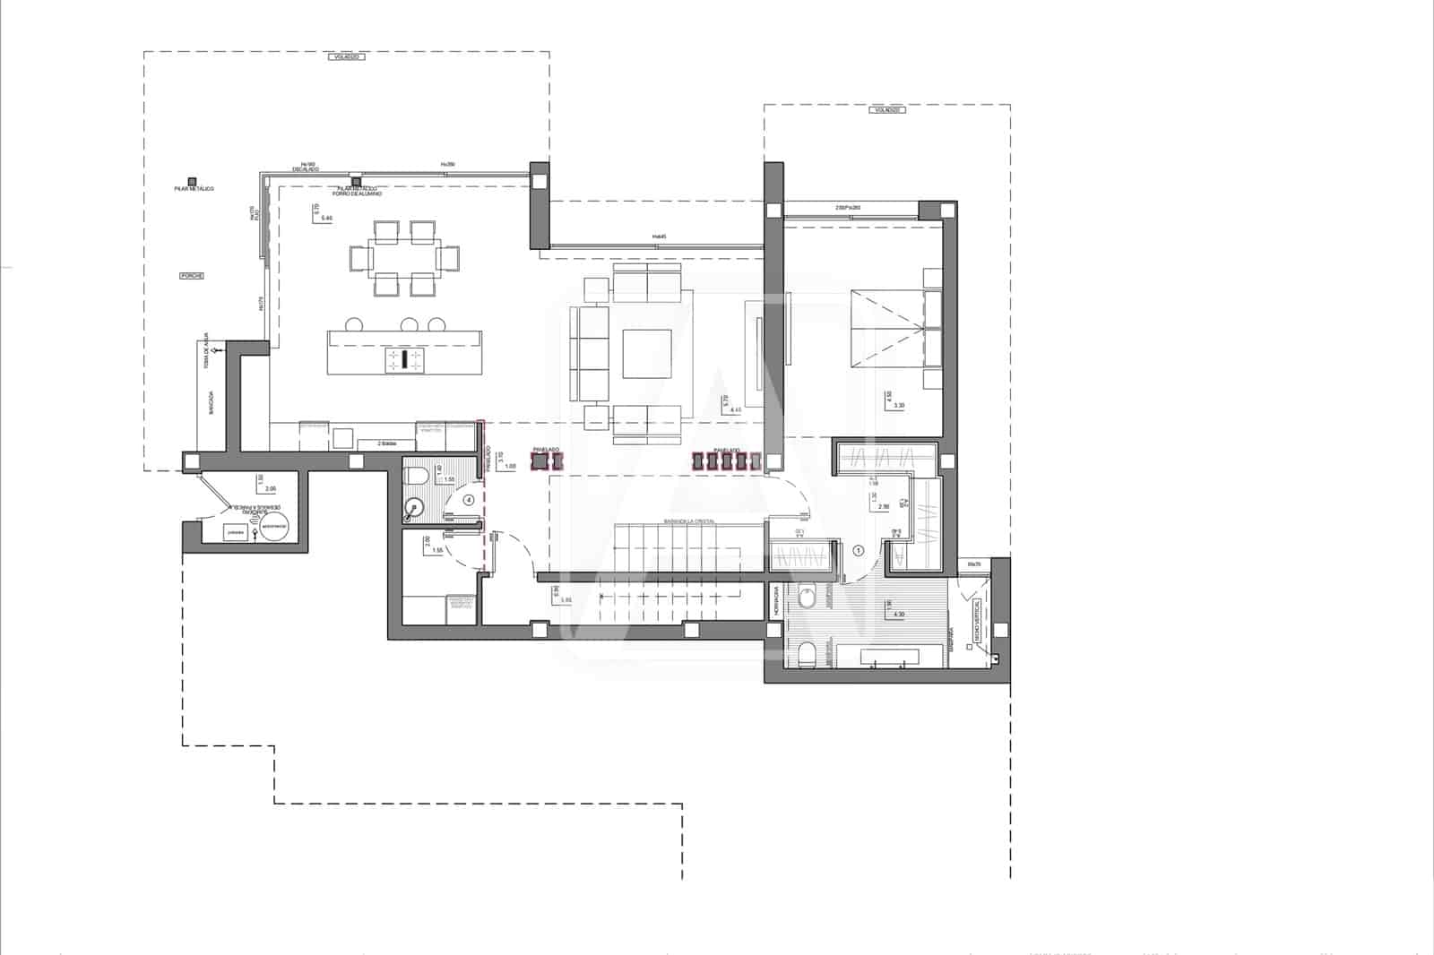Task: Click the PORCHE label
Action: [x=192, y=276]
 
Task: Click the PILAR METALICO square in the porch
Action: [x=191, y=181]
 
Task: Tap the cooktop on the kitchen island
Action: [x=404, y=359]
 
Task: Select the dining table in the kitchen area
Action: [x=404, y=259]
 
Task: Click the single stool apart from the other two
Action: [x=353, y=324]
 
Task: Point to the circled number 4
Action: [x=468, y=500]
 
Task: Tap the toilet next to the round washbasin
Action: [x=416, y=475]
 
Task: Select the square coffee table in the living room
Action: [x=647, y=355]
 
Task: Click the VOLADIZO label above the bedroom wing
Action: [x=887, y=109]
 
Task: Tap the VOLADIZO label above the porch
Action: [x=346, y=56]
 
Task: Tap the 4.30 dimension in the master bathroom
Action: [x=899, y=615]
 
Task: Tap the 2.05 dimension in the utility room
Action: [x=271, y=489]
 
